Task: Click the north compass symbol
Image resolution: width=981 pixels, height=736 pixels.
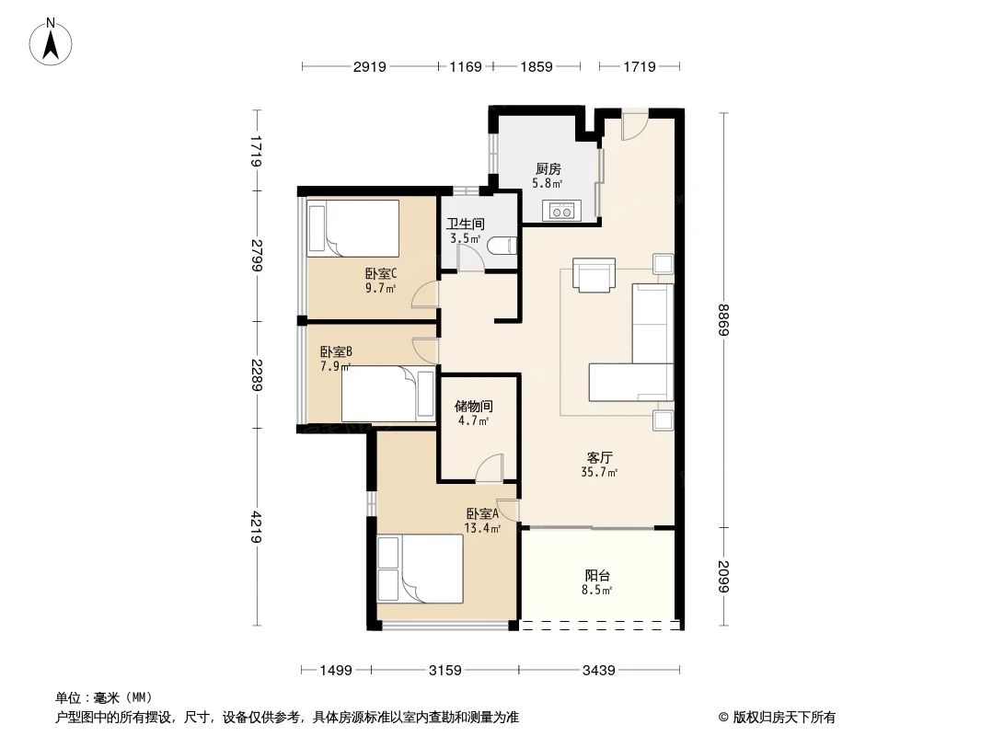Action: click(x=53, y=41)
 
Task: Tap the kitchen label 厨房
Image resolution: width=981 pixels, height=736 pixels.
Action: click(x=548, y=169)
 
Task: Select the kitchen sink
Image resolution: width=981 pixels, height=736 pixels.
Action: click(x=560, y=211)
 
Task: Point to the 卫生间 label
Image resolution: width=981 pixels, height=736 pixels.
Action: click(x=466, y=224)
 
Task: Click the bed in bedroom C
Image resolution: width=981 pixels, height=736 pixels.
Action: click(x=353, y=228)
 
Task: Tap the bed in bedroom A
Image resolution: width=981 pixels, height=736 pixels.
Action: click(x=420, y=568)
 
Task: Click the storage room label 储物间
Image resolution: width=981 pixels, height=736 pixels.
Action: click(x=474, y=406)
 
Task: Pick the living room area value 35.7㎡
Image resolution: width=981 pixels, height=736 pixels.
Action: click(x=599, y=473)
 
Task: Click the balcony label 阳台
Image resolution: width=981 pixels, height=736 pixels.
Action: click(x=598, y=575)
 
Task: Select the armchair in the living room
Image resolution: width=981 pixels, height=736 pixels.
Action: click(x=594, y=274)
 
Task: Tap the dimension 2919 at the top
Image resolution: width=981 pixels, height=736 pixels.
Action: click(x=369, y=66)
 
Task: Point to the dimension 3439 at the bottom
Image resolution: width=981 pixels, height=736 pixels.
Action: click(x=598, y=671)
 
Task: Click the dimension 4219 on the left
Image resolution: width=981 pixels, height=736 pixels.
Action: click(x=257, y=527)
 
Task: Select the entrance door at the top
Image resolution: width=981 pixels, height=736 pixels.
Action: click(x=634, y=125)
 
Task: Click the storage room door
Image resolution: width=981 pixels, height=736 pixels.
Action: click(x=490, y=467)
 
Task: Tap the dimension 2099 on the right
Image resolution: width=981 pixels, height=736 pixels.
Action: click(x=723, y=578)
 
